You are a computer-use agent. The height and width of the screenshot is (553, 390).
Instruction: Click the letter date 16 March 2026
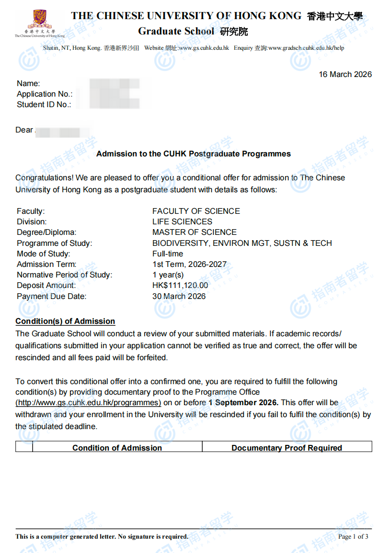pyautogui.click(x=345, y=75)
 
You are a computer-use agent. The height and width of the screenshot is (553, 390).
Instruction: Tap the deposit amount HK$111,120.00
pyautogui.click(x=180, y=286)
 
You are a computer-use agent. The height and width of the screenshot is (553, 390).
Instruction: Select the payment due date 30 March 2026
pyautogui.click(x=179, y=296)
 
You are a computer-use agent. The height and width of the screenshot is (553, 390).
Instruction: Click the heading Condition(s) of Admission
pyautogui.click(x=65, y=321)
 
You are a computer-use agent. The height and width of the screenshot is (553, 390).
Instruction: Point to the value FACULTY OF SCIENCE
pyautogui.click(x=196, y=211)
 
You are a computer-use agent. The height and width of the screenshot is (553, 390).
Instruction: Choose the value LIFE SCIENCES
pyautogui.click(x=182, y=221)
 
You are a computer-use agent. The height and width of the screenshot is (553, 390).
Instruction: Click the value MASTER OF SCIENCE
pyautogui.click(x=194, y=232)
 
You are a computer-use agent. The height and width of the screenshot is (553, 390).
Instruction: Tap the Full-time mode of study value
pyautogui.click(x=168, y=254)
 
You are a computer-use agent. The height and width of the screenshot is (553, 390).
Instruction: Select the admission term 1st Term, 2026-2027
pyautogui.click(x=189, y=264)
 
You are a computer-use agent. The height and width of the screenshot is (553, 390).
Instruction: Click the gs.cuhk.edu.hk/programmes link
pyautogui.click(x=88, y=403)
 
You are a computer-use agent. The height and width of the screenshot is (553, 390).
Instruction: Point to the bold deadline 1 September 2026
pyautogui.click(x=243, y=403)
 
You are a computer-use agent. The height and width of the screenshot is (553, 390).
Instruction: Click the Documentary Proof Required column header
pyautogui.click(x=287, y=448)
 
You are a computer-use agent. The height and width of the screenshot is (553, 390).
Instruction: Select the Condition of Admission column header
pyautogui.click(x=117, y=448)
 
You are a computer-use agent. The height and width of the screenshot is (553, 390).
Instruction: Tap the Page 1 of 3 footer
pyautogui.click(x=353, y=537)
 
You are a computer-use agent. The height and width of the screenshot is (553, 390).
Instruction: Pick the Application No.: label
pyautogui.click(x=45, y=94)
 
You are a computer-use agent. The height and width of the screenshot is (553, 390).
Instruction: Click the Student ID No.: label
pyautogui.click(x=44, y=105)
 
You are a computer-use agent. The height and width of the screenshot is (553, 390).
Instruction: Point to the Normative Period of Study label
pyautogui.click(x=64, y=275)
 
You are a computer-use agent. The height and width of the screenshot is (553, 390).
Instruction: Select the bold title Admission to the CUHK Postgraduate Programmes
pyautogui.click(x=194, y=154)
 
